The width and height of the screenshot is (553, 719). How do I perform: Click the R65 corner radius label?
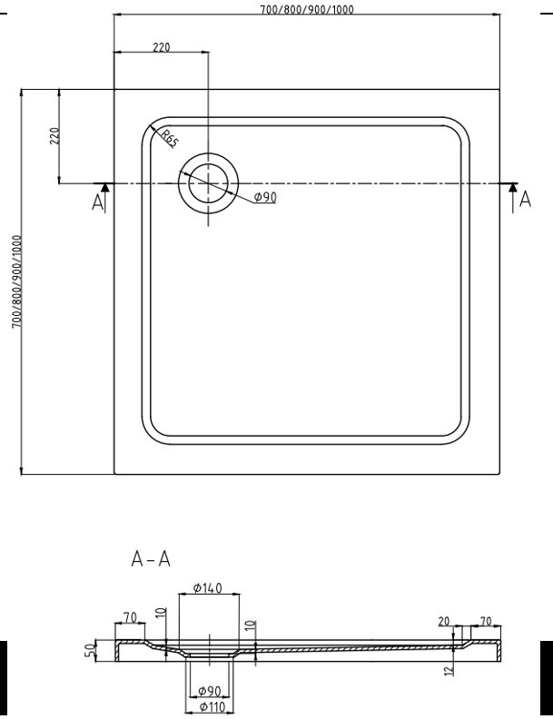click(169, 140)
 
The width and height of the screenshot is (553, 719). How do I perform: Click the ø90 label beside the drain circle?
click(264, 198)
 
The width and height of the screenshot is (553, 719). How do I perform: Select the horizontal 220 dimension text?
click(162, 47)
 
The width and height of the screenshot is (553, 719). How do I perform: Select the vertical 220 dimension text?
click(54, 136)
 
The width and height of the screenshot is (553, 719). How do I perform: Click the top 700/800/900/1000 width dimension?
click(307, 9)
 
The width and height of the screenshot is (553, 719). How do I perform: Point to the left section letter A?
click(98, 202)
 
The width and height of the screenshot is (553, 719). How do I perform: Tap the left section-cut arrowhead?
click(105, 187)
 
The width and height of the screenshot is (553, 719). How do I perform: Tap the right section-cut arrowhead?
click(514, 187)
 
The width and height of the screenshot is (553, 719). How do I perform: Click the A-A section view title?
click(151, 558)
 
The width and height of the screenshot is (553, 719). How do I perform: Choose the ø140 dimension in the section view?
click(208, 589)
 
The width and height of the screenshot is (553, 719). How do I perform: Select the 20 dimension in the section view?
click(444, 621)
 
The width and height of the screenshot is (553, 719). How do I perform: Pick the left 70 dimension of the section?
click(130, 618)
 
